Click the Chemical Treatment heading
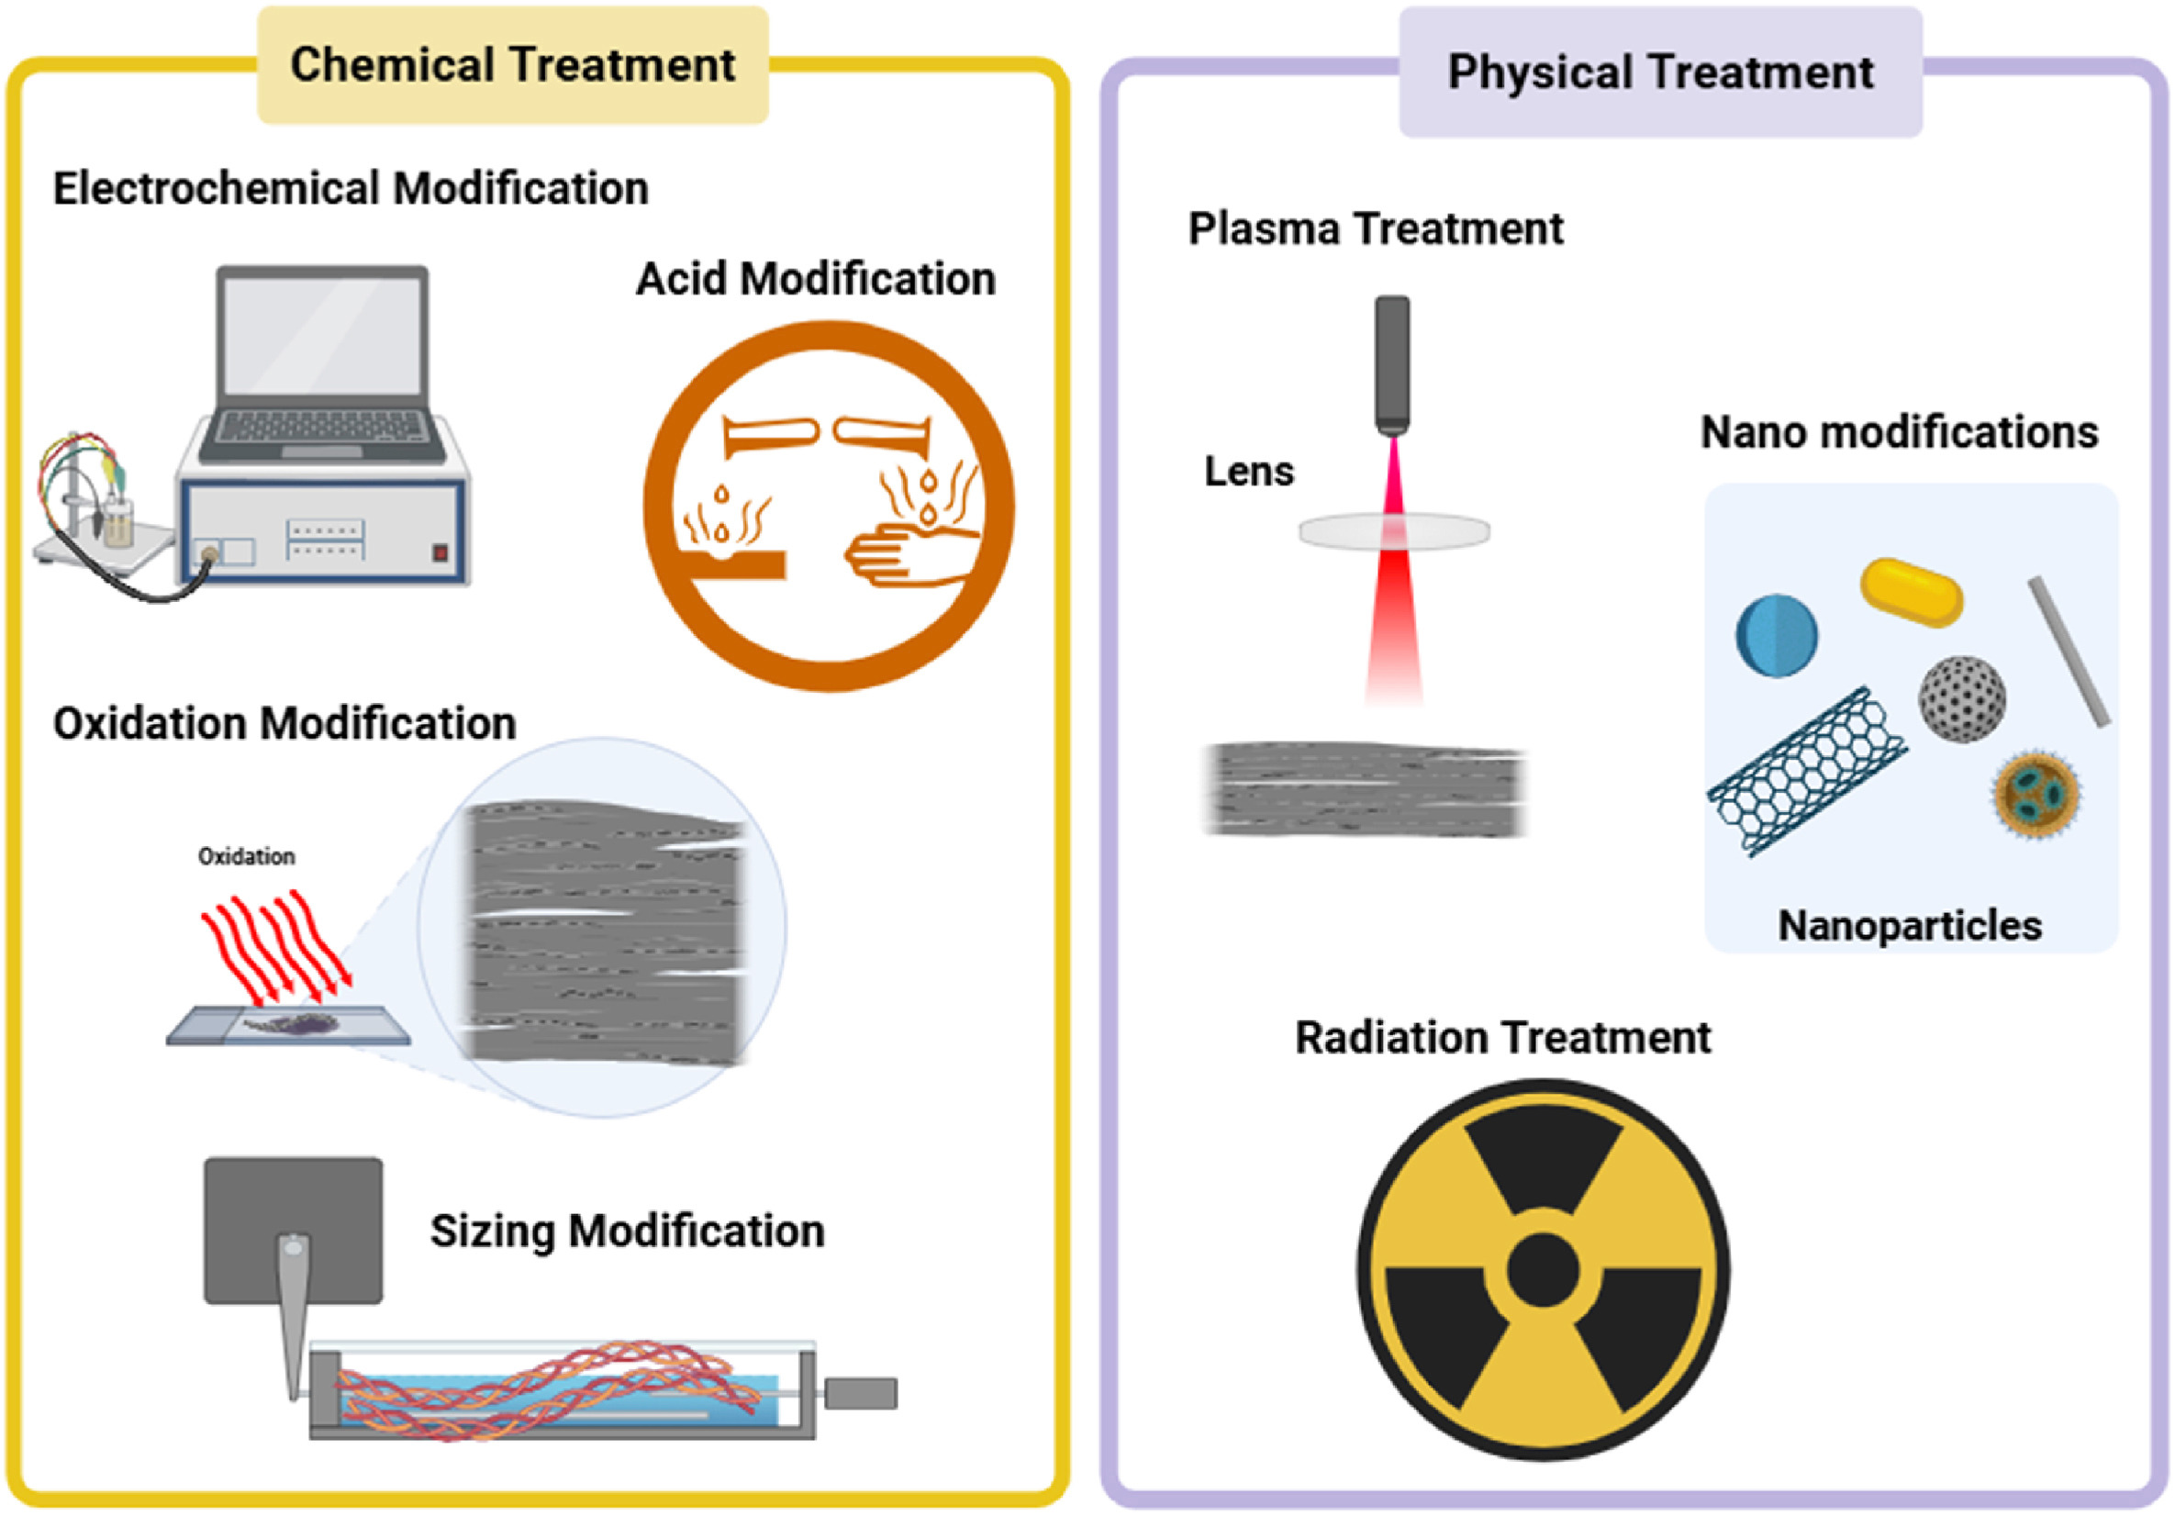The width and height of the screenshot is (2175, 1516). point(512,65)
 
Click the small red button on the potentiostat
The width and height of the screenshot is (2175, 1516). point(440,552)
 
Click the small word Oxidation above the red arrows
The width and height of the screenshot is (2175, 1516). point(246,856)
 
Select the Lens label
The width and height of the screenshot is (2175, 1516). point(1248,472)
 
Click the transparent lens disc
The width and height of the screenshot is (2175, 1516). point(1393,530)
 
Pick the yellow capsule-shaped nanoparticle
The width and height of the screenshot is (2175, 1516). point(1912,592)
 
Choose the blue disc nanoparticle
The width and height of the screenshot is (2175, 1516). point(1776,635)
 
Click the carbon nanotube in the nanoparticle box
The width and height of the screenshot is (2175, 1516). point(1807,772)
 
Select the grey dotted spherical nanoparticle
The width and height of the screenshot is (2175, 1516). point(1962,698)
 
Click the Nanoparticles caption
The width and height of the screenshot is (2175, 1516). point(1909,926)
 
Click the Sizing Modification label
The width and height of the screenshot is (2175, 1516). point(627,1232)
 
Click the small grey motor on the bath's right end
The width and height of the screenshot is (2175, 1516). point(860,1394)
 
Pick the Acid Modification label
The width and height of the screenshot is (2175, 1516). point(816,280)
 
